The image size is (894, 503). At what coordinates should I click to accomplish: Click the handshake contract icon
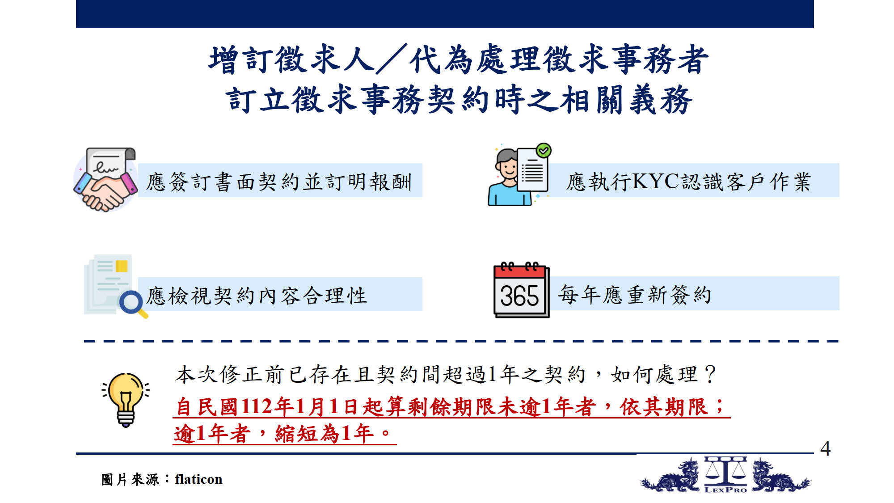[x=106, y=179]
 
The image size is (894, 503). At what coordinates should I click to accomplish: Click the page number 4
[x=825, y=448]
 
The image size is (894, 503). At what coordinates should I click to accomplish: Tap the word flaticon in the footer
[x=198, y=479]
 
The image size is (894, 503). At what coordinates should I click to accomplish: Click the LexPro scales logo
[x=725, y=474]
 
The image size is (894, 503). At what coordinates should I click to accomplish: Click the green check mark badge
[x=544, y=151]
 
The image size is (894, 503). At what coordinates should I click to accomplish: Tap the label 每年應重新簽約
[x=635, y=295]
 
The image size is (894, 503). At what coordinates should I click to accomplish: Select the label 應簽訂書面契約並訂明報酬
[x=279, y=182]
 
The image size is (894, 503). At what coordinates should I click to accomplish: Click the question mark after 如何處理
[x=710, y=374]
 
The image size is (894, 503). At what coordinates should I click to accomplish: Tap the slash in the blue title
[x=392, y=59]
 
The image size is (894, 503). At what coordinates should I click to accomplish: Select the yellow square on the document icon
[x=122, y=266]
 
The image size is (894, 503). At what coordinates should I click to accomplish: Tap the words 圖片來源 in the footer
[x=130, y=479]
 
